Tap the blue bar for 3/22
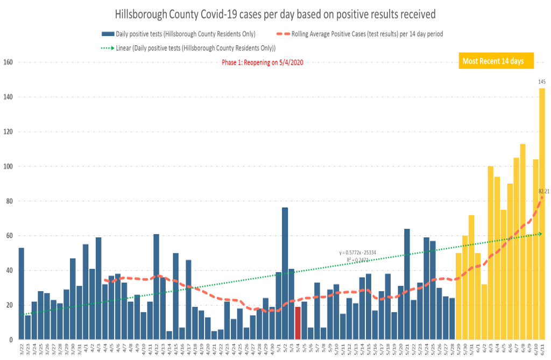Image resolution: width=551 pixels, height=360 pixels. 22,293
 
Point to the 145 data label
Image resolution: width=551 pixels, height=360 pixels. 542,82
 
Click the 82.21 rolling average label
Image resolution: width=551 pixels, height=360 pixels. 543,191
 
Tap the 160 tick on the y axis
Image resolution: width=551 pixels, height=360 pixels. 8,62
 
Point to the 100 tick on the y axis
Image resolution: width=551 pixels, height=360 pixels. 8,166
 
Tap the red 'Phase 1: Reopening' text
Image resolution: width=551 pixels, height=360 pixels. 263,63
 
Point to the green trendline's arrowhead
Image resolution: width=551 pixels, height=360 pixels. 539,234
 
